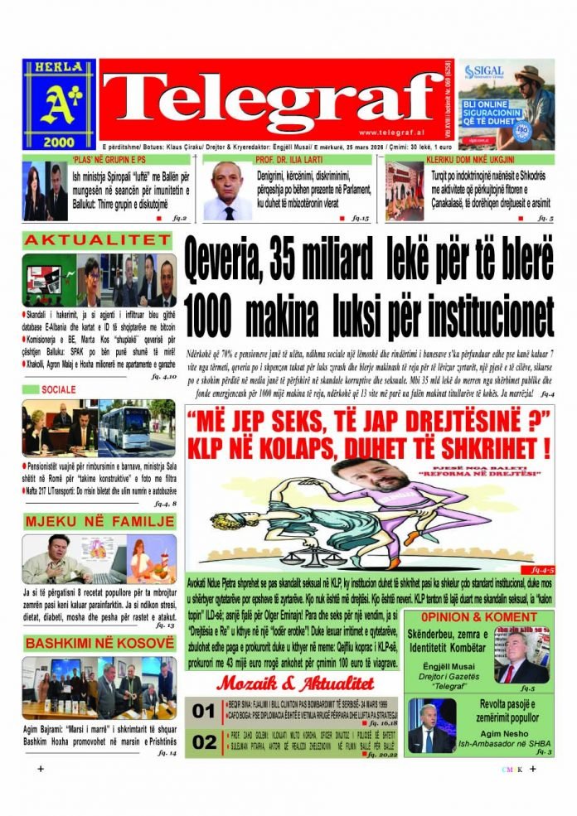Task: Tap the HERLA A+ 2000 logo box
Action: (x=60, y=103)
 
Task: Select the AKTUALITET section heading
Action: (x=98, y=241)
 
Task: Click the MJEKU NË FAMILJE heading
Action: (x=98, y=521)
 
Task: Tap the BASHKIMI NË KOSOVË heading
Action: (x=98, y=643)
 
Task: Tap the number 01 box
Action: (x=203, y=711)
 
